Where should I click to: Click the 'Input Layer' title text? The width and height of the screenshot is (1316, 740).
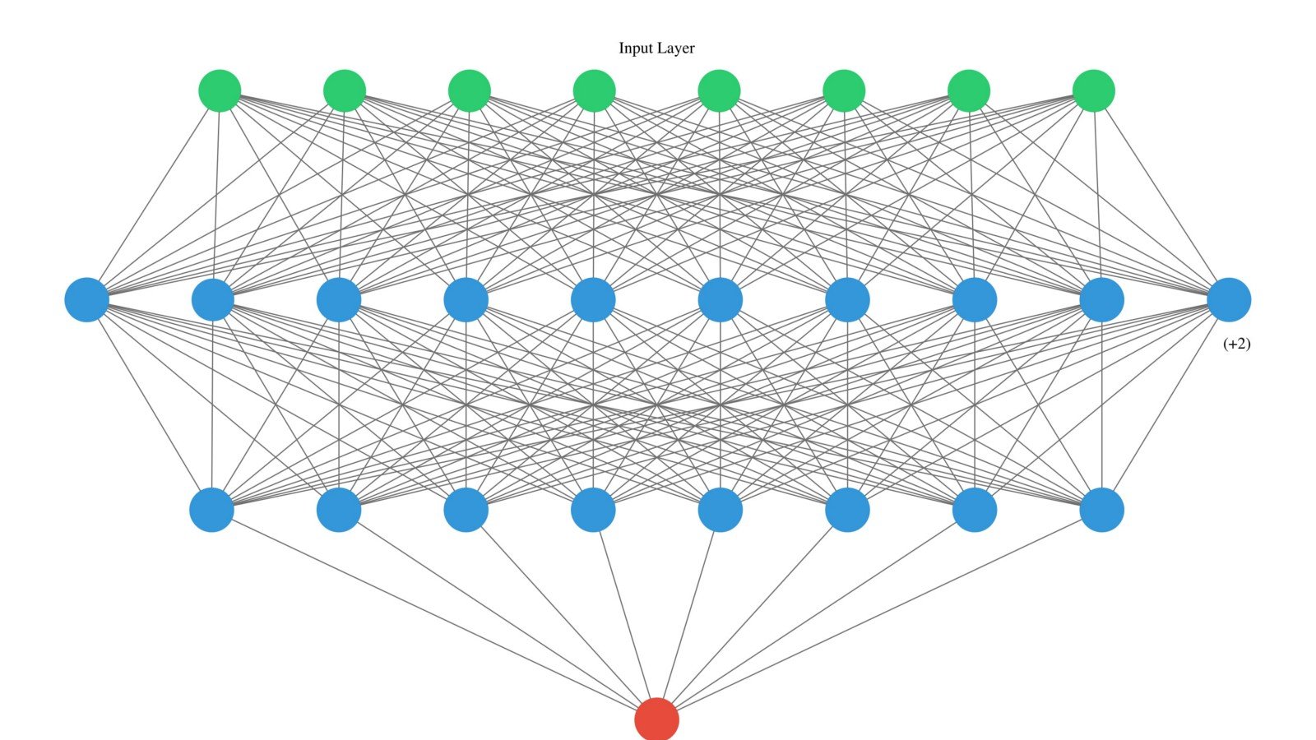click(656, 49)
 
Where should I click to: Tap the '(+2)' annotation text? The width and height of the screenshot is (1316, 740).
click(1237, 344)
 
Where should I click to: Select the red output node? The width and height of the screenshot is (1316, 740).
click(657, 719)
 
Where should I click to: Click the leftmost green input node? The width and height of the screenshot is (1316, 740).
click(220, 91)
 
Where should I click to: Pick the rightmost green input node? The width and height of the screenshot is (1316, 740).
click(1094, 91)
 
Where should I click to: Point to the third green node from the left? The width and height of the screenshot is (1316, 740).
click(470, 91)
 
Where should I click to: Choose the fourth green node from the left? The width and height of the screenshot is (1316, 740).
click(595, 91)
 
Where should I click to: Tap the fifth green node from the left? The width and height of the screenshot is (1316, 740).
click(719, 91)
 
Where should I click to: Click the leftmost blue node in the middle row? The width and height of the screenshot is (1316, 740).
click(87, 300)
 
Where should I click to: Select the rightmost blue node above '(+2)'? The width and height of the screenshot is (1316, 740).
click(1229, 300)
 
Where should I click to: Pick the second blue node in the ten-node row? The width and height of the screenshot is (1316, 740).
click(213, 300)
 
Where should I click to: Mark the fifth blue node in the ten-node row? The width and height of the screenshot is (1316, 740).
click(593, 300)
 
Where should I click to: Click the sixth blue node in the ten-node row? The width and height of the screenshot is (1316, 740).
click(721, 300)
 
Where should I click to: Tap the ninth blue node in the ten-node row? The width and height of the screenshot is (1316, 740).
click(1102, 300)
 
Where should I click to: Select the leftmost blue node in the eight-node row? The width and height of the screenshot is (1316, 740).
click(212, 510)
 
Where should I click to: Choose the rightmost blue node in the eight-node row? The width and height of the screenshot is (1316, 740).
click(1102, 510)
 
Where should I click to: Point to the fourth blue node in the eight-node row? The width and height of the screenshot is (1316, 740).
click(593, 510)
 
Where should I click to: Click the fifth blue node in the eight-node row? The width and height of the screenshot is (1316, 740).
click(721, 510)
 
